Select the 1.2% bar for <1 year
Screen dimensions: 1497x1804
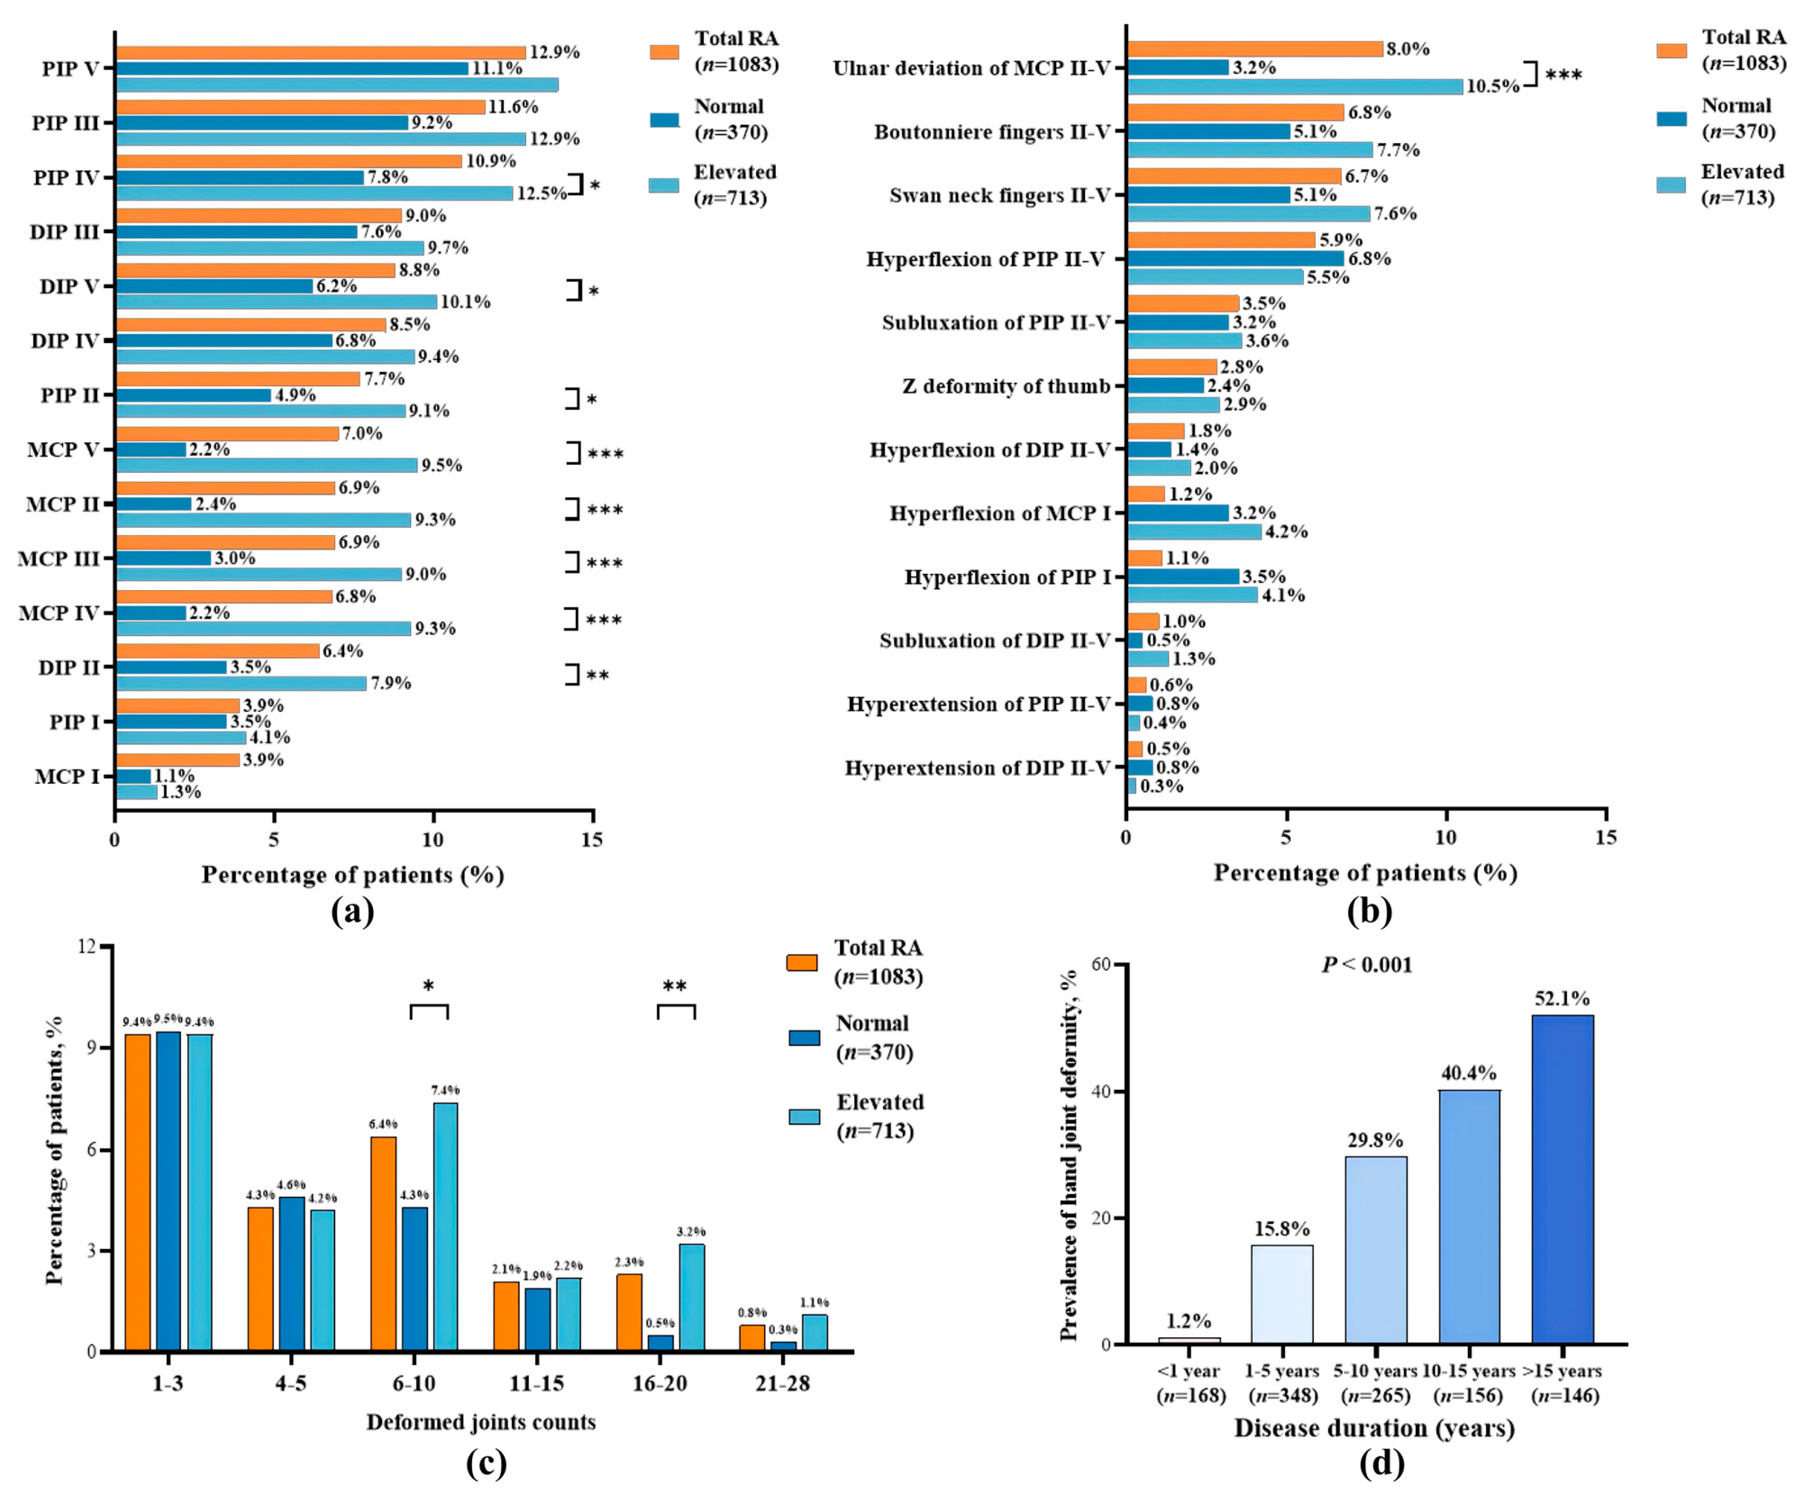click(x=1189, y=1341)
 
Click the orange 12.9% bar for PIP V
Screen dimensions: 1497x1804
click(x=320, y=52)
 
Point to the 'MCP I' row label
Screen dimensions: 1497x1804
click(x=67, y=776)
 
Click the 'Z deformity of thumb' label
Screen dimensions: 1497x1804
click(x=1006, y=387)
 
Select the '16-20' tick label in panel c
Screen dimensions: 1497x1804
click(x=659, y=1384)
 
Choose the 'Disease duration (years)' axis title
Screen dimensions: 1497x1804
click(x=1375, y=1428)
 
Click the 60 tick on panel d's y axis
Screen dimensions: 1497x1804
click(x=1100, y=964)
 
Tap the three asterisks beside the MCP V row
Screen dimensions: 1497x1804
click(x=606, y=454)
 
